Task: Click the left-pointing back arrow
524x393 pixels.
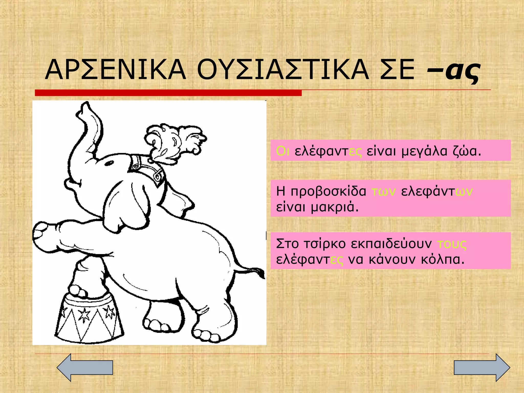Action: (x=84, y=367)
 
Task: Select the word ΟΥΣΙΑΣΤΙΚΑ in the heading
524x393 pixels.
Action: (x=283, y=70)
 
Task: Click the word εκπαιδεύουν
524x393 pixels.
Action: (x=391, y=244)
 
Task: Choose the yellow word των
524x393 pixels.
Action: (x=384, y=192)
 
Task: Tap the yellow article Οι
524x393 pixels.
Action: (x=283, y=151)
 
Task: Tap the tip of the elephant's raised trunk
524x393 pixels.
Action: (x=86, y=106)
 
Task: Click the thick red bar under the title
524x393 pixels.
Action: (x=168, y=93)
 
